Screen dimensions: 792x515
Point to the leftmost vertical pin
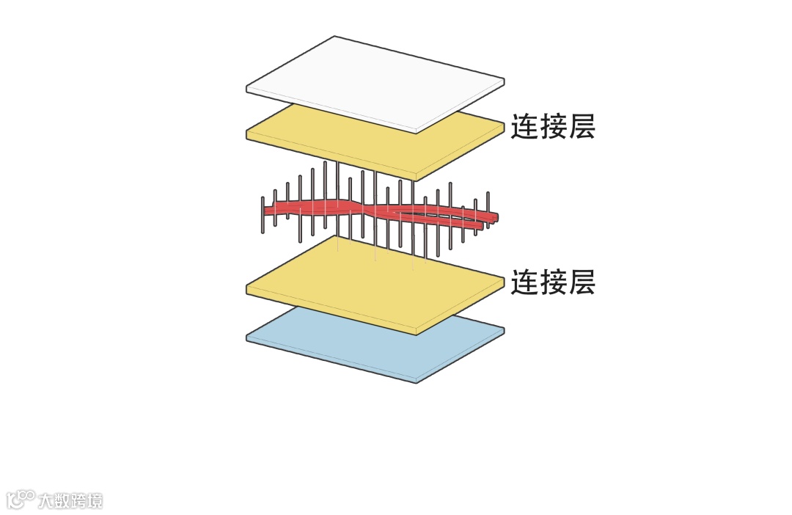(x=263, y=215)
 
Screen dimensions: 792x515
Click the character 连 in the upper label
(x=525, y=127)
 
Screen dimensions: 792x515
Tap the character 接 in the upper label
(x=553, y=127)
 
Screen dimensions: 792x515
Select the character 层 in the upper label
(x=581, y=127)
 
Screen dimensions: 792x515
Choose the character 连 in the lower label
(x=525, y=282)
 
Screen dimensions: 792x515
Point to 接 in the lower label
(x=553, y=282)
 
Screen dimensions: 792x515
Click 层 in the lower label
(x=581, y=282)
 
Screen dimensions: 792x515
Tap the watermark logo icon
(x=21, y=500)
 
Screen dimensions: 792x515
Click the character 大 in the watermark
(x=45, y=501)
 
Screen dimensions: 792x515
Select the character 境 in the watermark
(x=95, y=501)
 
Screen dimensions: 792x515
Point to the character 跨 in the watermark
(x=78, y=501)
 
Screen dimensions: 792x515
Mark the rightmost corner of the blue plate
(x=504, y=329)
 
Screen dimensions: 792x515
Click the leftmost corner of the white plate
(x=247, y=90)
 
